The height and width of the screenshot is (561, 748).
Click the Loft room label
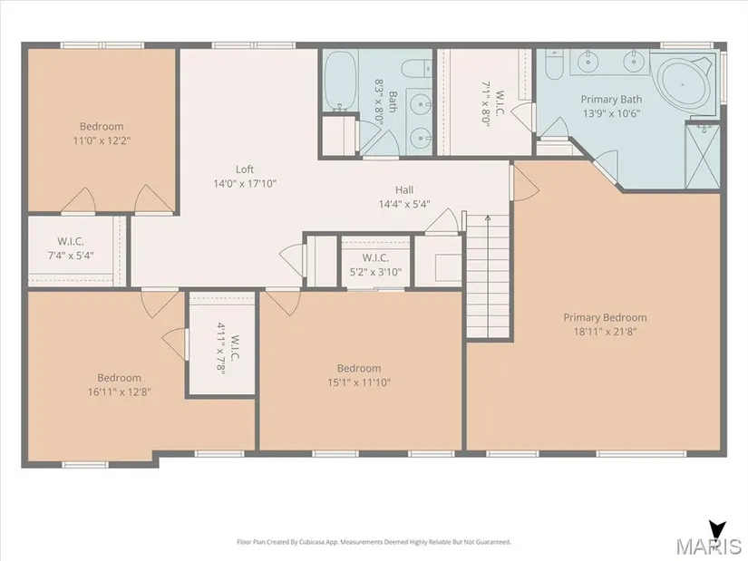click(x=244, y=169)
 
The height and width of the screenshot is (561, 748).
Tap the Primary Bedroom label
click(x=605, y=318)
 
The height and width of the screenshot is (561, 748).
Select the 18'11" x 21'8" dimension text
click(x=605, y=332)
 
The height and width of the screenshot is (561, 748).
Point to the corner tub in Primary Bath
click(x=683, y=85)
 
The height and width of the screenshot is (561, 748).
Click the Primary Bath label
click(x=611, y=99)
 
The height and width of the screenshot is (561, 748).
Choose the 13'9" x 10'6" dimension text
click(x=611, y=113)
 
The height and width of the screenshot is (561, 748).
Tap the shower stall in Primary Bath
click(x=702, y=156)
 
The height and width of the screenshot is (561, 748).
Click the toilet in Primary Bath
click(x=554, y=64)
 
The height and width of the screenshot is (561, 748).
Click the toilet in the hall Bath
click(x=416, y=69)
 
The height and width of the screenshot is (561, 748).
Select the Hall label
click(x=404, y=189)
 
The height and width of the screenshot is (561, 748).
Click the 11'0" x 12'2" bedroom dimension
click(x=102, y=140)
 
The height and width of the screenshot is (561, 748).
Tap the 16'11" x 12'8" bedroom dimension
click(x=120, y=392)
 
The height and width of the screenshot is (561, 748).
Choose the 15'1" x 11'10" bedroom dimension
click(x=359, y=382)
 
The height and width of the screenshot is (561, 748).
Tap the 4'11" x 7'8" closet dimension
click(x=221, y=349)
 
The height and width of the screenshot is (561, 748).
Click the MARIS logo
click(x=708, y=539)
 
